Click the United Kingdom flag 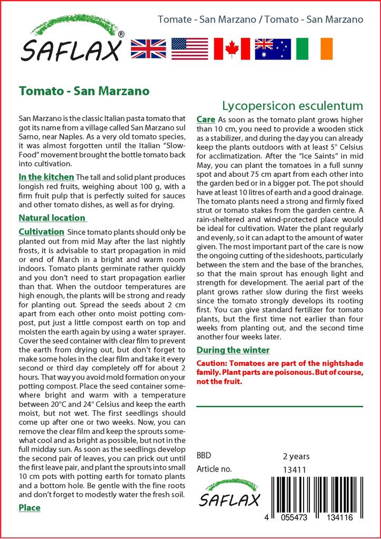click(148, 48)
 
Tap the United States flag click(190, 48)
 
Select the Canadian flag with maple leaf click(232, 48)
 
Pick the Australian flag click(273, 48)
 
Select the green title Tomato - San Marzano click(84, 91)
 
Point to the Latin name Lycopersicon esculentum click(293, 106)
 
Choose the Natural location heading click(52, 218)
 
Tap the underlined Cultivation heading click(42, 232)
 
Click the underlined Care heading click(205, 119)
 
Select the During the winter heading click(233, 350)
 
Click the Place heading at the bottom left click(29, 507)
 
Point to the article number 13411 click(295, 470)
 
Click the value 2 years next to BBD click(296, 456)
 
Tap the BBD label click(204, 456)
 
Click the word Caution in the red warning click(212, 364)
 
